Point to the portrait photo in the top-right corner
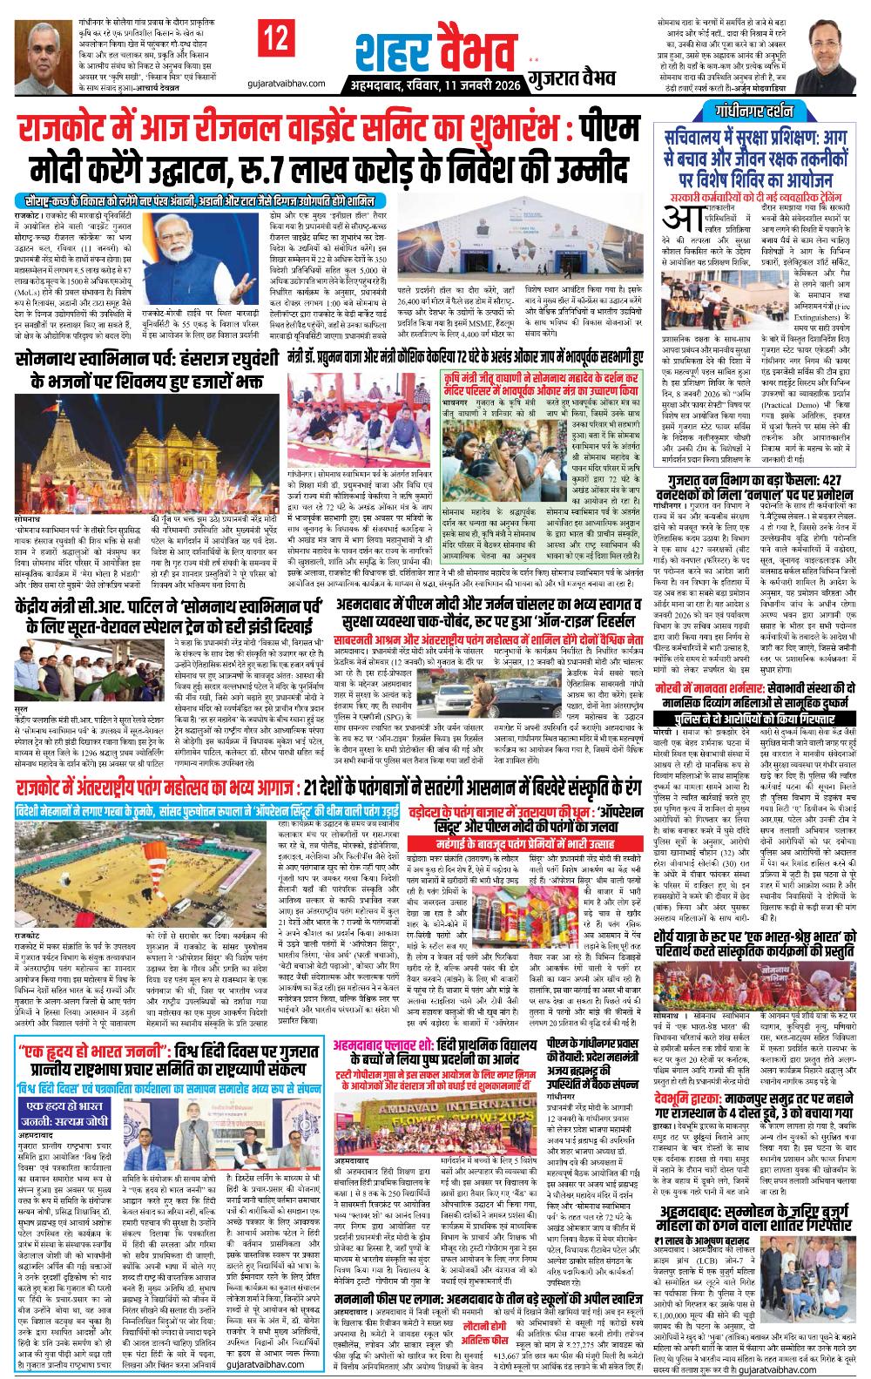click(x=841, y=49)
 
